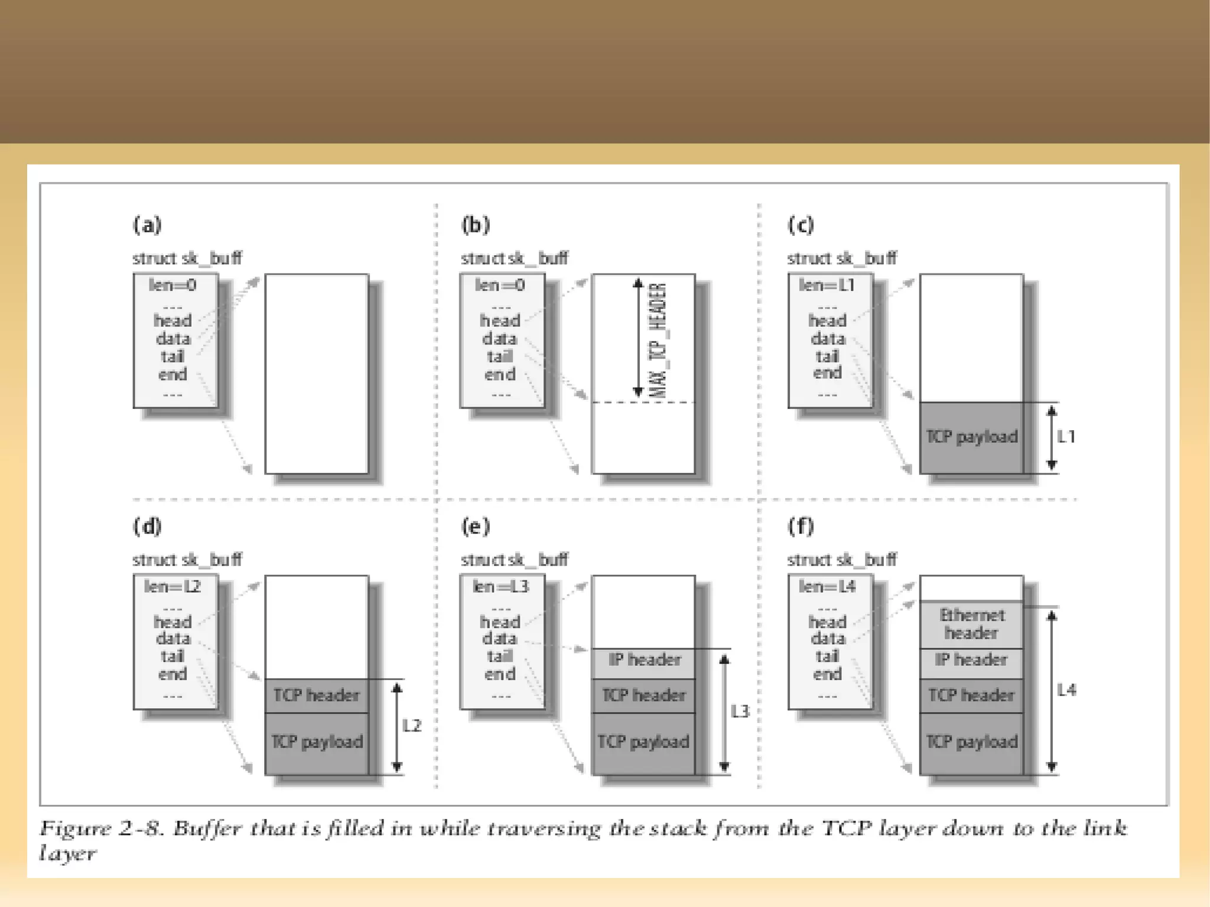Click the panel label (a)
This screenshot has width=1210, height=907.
[x=147, y=225]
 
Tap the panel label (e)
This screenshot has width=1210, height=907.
[x=475, y=526]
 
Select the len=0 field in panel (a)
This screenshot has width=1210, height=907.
[x=173, y=285]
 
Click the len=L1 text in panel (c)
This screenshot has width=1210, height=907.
[x=827, y=285]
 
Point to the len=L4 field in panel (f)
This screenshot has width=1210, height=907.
[x=827, y=587]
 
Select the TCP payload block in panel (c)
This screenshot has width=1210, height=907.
[x=971, y=437]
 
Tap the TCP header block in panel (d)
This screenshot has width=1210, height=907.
[x=316, y=695]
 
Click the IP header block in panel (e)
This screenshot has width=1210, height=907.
[x=644, y=660]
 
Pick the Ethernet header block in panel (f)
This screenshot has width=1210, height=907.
[x=971, y=625]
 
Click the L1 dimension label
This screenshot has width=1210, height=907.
[x=1066, y=437]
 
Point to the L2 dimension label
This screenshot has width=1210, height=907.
[x=412, y=726]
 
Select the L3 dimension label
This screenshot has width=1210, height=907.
[x=740, y=711]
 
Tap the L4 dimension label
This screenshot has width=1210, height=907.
[x=1066, y=690]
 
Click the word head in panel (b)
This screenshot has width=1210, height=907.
[x=500, y=321]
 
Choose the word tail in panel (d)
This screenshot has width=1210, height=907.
[x=173, y=656]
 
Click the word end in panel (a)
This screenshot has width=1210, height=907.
[x=173, y=375]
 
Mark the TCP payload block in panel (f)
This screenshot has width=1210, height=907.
[x=971, y=742]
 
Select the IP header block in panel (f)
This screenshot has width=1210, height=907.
[x=971, y=660]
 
